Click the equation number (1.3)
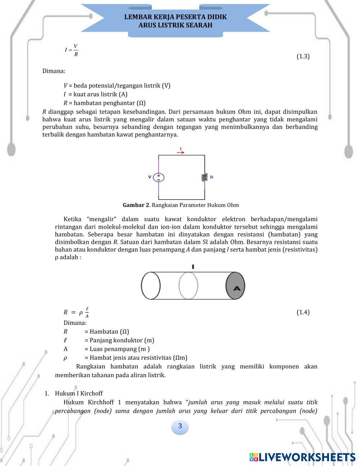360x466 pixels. click(303, 56)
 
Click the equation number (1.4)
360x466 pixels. click(303, 312)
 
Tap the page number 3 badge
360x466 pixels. click(180, 426)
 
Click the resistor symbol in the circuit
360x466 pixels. click(204, 177)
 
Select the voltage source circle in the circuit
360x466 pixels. click(158, 177)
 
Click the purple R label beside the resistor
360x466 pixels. click(212, 177)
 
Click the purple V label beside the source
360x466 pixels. click(150, 177)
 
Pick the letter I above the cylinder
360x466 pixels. click(193, 267)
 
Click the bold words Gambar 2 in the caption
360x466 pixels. click(136, 205)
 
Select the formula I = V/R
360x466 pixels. click(71, 50)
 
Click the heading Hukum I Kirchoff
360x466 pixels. click(78, 393)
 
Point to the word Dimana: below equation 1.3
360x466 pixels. click(54, 71)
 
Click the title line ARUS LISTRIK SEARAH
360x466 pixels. click(175, 25)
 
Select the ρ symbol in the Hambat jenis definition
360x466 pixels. click(65, 358)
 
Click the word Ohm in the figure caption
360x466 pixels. click(232, 205)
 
